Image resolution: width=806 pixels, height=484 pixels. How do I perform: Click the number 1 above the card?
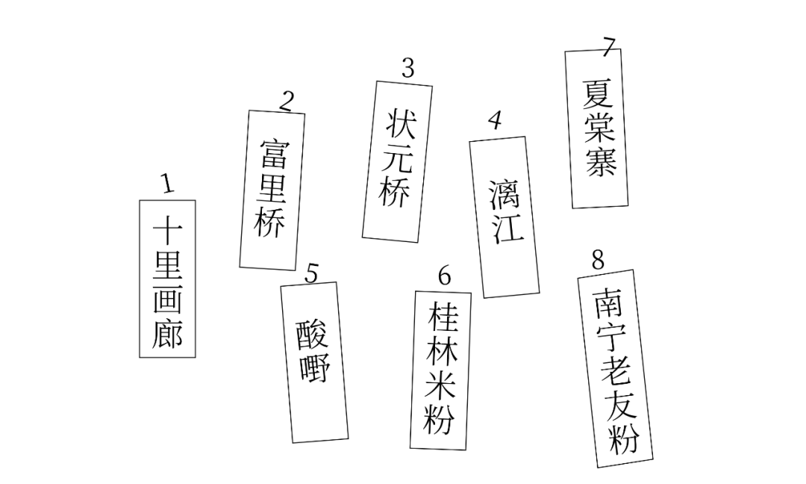pyautogui.click(x=167, y=183)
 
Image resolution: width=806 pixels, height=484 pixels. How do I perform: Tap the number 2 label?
pyautogui.click(x=287, y=100)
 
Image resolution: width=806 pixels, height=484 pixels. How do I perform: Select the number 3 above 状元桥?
pyautogui.click(x=407, y=68)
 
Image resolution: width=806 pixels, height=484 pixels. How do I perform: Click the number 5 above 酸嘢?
pyautogui.click(x=311, y=273)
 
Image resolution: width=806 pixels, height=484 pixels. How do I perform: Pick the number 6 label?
pyautogui.click(x=445, y=276)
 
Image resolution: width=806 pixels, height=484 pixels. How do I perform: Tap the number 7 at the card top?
pyautogui.click(x=610, y=46)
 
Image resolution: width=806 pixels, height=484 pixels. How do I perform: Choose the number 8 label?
pyautogui.click(x=598, y=260)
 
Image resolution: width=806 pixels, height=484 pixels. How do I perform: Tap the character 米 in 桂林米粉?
pyautogui.click(x=441, y=387)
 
